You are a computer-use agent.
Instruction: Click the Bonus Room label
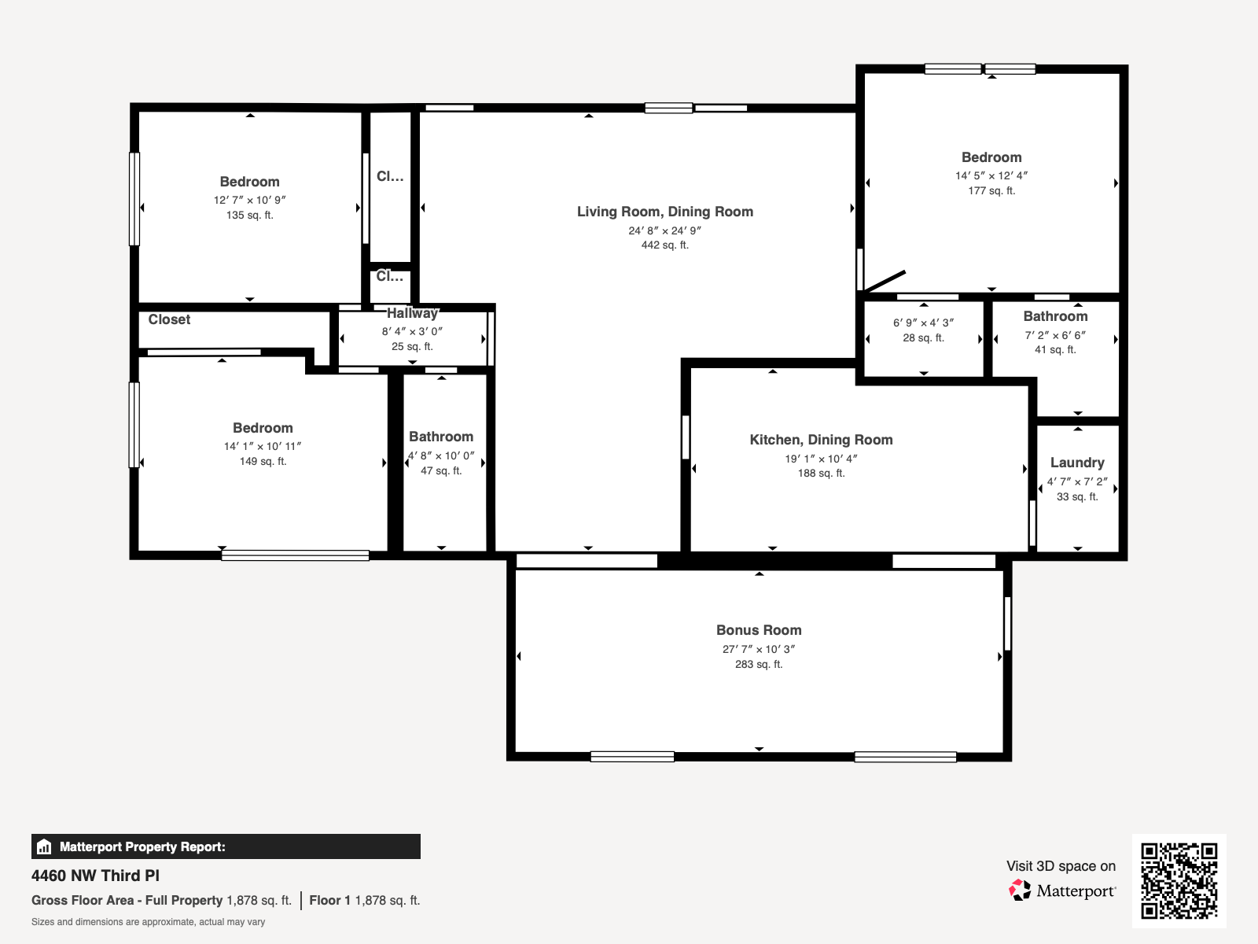759,630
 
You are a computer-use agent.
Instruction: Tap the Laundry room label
1077,463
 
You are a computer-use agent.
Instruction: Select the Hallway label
412,313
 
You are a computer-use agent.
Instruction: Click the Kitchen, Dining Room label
822,440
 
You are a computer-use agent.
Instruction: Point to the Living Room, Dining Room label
665,212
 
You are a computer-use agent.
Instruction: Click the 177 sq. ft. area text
991,190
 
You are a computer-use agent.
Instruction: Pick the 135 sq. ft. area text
250,215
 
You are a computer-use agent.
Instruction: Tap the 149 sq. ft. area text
263,462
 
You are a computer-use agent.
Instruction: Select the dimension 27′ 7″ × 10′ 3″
759,649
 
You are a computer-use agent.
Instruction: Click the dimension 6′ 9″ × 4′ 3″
923,323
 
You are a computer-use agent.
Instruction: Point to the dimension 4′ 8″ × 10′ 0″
441,455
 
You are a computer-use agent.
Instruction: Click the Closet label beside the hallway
169,319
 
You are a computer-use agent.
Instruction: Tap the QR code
1179,881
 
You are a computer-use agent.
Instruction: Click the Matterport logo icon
1020,891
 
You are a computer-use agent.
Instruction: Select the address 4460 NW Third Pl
95,876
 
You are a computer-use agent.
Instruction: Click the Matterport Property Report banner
226,846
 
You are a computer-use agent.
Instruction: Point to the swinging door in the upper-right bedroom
883,282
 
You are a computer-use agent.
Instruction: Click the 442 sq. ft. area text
665,245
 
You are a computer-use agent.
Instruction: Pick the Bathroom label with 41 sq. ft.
1055,316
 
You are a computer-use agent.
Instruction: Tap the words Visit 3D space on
1061,866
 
